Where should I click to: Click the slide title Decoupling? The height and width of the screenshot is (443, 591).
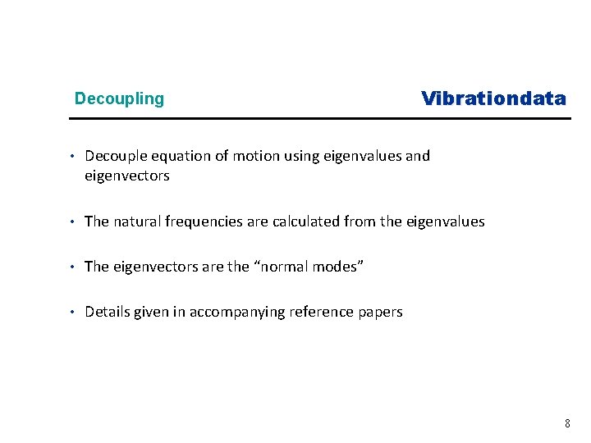(119, 99)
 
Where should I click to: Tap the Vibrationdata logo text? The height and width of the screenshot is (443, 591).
(493, 99)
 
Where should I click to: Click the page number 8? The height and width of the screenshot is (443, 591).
(567, 423)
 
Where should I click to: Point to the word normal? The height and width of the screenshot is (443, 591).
(287, 267)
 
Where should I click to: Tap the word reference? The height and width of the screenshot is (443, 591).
(321, 312)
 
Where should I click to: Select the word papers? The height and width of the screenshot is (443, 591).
(380, 313)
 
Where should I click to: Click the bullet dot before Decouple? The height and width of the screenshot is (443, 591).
(72, 156)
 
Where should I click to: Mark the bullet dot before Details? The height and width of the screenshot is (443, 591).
(72, 312)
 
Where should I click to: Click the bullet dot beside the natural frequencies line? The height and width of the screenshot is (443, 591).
(72, 221)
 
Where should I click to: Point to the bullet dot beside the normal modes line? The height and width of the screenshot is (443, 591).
(72, 267)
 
